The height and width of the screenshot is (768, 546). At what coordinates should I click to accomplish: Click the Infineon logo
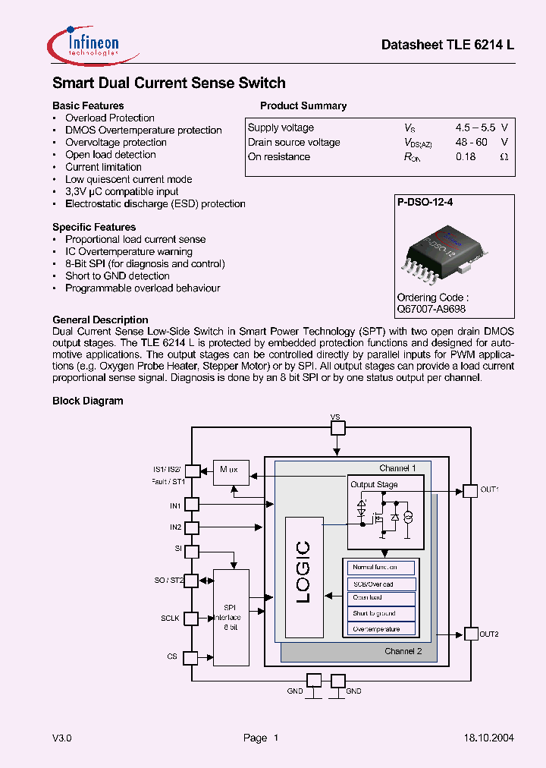click(x=83, y=44)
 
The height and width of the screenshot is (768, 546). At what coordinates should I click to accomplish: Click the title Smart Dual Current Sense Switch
click(x=168, y=83)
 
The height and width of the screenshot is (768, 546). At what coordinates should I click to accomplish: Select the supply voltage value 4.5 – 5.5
click(x=475, y=127)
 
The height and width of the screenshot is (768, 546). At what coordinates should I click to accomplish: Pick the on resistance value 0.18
click(x=466, y=156)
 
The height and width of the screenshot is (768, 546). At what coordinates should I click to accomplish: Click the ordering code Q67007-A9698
click(x=431, y=309)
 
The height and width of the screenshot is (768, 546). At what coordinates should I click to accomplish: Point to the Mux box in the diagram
click(x=231, y=471)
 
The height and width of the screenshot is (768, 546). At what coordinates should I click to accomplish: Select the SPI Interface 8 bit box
click(x=231, y=617)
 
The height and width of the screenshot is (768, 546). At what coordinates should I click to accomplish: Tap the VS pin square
click(x=337, y=428)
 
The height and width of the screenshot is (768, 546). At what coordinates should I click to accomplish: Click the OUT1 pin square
click(x=470, y=490)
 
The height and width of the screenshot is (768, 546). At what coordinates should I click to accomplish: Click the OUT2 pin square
click(x=470, y=634)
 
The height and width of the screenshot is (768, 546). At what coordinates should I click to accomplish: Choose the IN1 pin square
click(x=192, y=504)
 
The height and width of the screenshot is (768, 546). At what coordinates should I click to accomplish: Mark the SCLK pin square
click(x=192, y=618)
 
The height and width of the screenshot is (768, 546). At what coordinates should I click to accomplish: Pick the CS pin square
click(x=192, y=657)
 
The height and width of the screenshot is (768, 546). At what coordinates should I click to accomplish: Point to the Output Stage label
click(x=374, y=484)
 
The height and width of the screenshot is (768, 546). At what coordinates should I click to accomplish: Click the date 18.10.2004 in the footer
click(x=488, y=738)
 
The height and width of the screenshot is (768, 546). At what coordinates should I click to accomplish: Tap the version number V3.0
click(x=62, y=738)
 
